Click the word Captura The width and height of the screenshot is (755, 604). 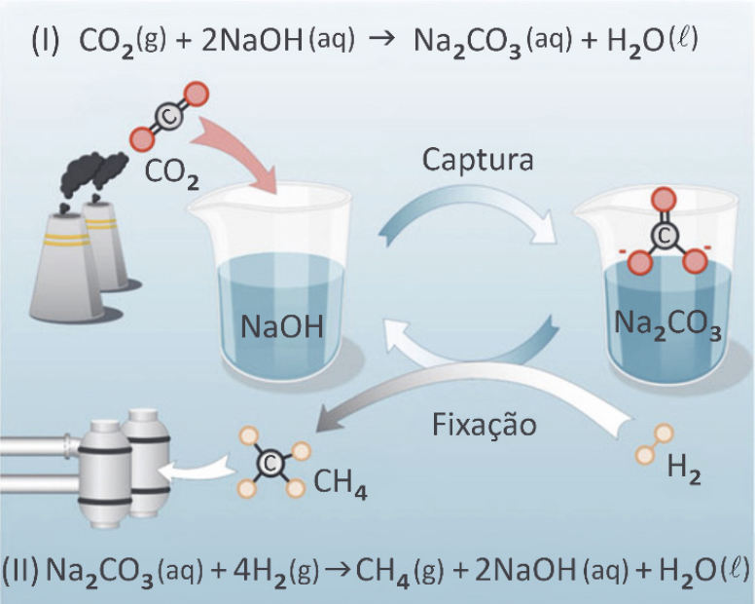[477, 159]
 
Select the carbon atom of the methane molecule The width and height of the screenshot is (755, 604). [273, 462]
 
